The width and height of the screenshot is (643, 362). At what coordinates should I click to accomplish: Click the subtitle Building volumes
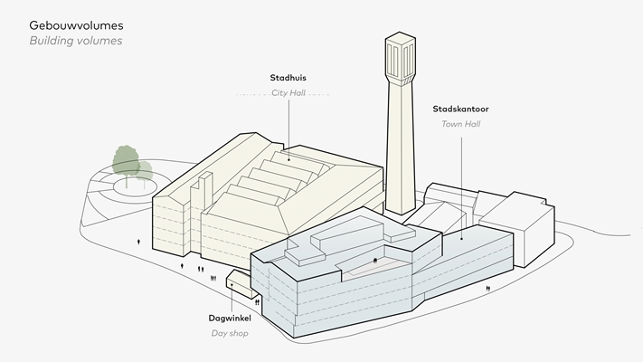coord(76,41)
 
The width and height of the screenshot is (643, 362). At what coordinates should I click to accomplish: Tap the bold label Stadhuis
coord(288,78)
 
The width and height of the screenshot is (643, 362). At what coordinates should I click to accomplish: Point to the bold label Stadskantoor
coord(461,109)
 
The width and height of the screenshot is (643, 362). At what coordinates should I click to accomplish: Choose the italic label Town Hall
coord(461,123)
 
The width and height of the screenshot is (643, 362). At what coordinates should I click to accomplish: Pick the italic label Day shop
coord(230,334)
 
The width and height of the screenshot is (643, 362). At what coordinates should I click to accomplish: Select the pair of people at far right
coord(488,288)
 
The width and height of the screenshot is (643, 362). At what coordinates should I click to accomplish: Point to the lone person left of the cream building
coord(138,243)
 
